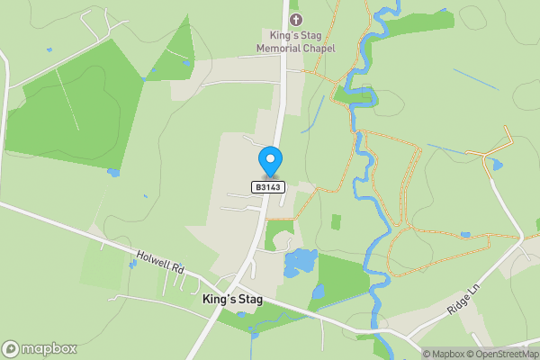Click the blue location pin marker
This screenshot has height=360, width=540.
coord(269,162)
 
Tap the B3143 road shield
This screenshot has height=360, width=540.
coord(268,187)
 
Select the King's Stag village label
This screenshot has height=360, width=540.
coord(232,299)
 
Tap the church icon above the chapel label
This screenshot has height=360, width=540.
coord(295,18)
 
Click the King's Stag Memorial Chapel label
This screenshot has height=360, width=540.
coord(295,40)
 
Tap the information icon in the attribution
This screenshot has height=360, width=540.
coord(415,354)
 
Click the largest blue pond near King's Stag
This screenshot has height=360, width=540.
coord(300,263)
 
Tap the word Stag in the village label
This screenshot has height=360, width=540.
coord(248,299)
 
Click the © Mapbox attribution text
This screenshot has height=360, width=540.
coord(445,354)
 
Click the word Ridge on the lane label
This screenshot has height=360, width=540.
coord(457,306)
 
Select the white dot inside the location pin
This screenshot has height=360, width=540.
coord(269,158)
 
